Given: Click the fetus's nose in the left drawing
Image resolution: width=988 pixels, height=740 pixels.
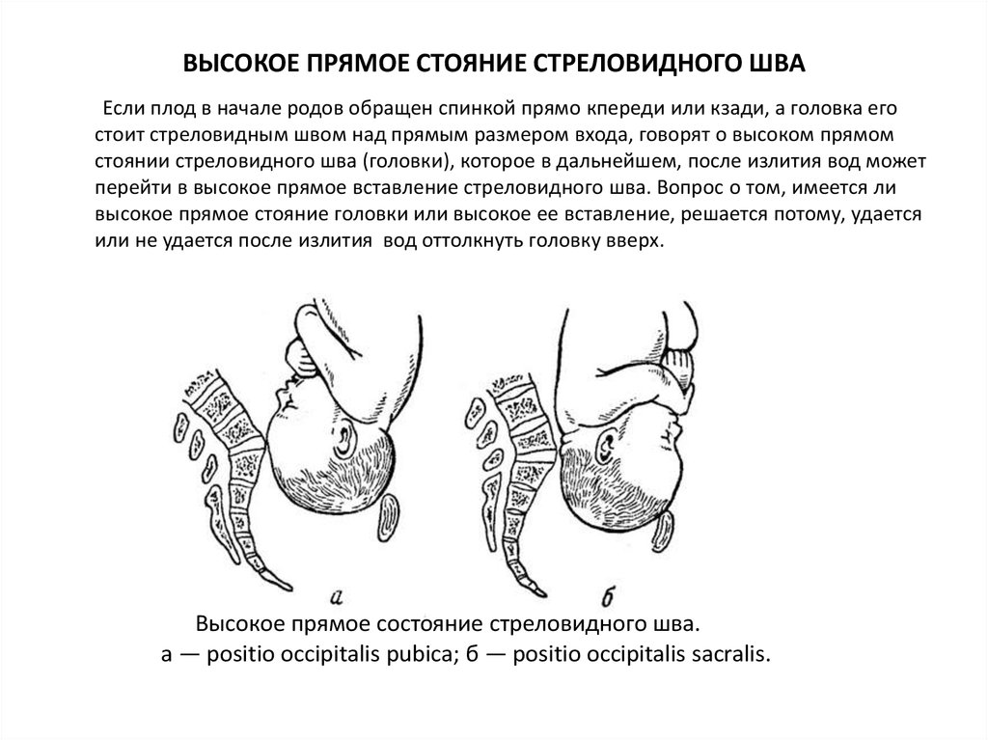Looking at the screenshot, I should click(x=278, y=393).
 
